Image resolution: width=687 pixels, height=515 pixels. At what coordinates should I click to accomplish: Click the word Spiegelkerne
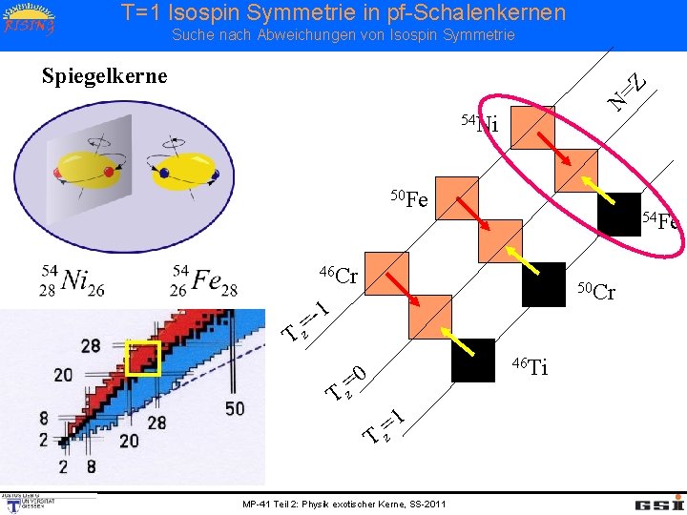(x=105, y=75)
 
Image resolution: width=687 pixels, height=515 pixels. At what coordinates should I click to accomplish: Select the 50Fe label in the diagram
(x=410, y=199)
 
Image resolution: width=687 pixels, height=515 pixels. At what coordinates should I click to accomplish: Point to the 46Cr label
(x=339, y=277)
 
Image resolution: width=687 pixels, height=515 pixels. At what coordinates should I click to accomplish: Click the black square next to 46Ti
(x=473, y=360)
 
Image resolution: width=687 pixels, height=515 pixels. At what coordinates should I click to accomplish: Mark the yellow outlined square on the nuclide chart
(x=141, y=358)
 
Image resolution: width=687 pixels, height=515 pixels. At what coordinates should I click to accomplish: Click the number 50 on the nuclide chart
(x=235, y=407)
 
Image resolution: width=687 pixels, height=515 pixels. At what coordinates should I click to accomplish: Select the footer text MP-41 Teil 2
(x=343, y=504)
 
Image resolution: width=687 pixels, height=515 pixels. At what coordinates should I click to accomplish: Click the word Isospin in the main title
(x=217, y=12)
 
